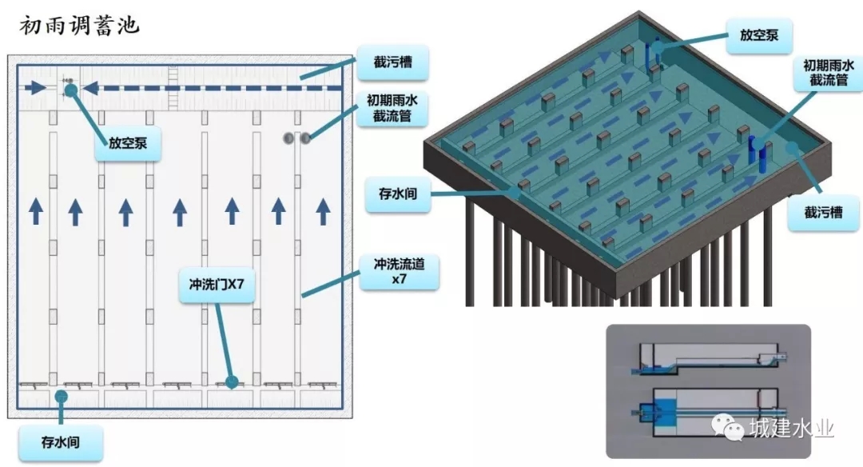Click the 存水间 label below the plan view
pos(60,441)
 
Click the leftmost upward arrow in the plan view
pos(36,212)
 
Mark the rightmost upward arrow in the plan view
pos(323,212)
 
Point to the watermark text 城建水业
pos(791,429)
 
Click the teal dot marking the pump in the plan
pos(71,90)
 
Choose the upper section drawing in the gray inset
pos(710,358)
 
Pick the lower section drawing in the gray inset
pos(710,411)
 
